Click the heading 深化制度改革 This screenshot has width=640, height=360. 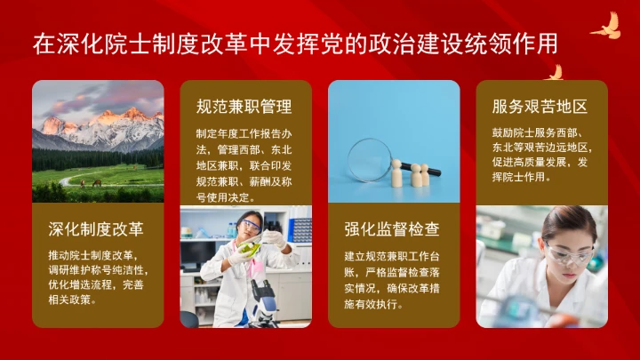tap(96, 229)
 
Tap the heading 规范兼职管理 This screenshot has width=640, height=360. tap(244, 107)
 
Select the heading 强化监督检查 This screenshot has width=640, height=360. tap(392, 229)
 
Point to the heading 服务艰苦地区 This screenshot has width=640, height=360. tap(540, 107)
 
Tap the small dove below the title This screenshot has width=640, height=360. tap(555, 72)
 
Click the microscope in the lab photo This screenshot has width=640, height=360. tap(263, 293)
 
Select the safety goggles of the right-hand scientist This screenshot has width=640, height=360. tap(565, 254)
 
